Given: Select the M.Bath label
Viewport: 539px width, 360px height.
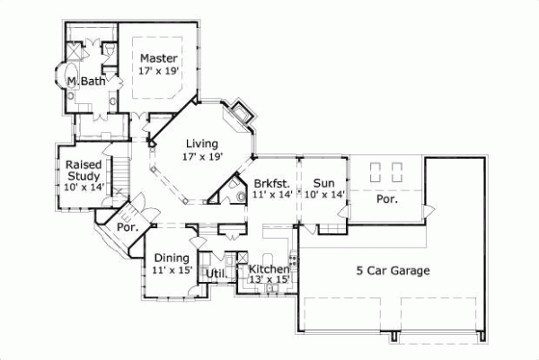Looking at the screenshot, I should pyautogui.click(x=86, y=82).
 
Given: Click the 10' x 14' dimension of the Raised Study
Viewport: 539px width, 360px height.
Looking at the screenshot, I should pyautogui.click(x=84, y=187).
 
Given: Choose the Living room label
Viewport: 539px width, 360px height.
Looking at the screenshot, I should pyautogui.click(x=201, y=143).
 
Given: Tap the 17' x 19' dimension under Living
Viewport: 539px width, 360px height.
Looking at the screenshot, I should pyautogui.click(x=201, y=156).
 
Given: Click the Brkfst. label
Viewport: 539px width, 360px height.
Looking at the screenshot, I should pyautogui.click(x=270, y=182).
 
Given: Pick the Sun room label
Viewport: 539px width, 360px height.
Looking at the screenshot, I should pyautogui.click(x=323, y=182).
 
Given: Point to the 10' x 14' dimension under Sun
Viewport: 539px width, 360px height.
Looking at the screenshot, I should pyautogui.click(x=324, y=195).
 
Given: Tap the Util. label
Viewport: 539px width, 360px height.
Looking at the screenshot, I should pyautogui.click(x=216, y=273).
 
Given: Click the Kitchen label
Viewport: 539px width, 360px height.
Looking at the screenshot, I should pyautogui.click(x=269, y=268).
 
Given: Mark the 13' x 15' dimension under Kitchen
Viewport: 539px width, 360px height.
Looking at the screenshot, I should pyautogui.click(x=269, y=280).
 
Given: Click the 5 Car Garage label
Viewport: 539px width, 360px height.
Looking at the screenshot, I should pyautogui.click(x=392, y=270).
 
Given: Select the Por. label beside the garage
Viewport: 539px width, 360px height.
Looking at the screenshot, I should pyautogui.click(x=387, y=199).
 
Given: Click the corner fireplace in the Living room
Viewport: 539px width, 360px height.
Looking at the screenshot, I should pyautogui.click(x=241, y=114).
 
